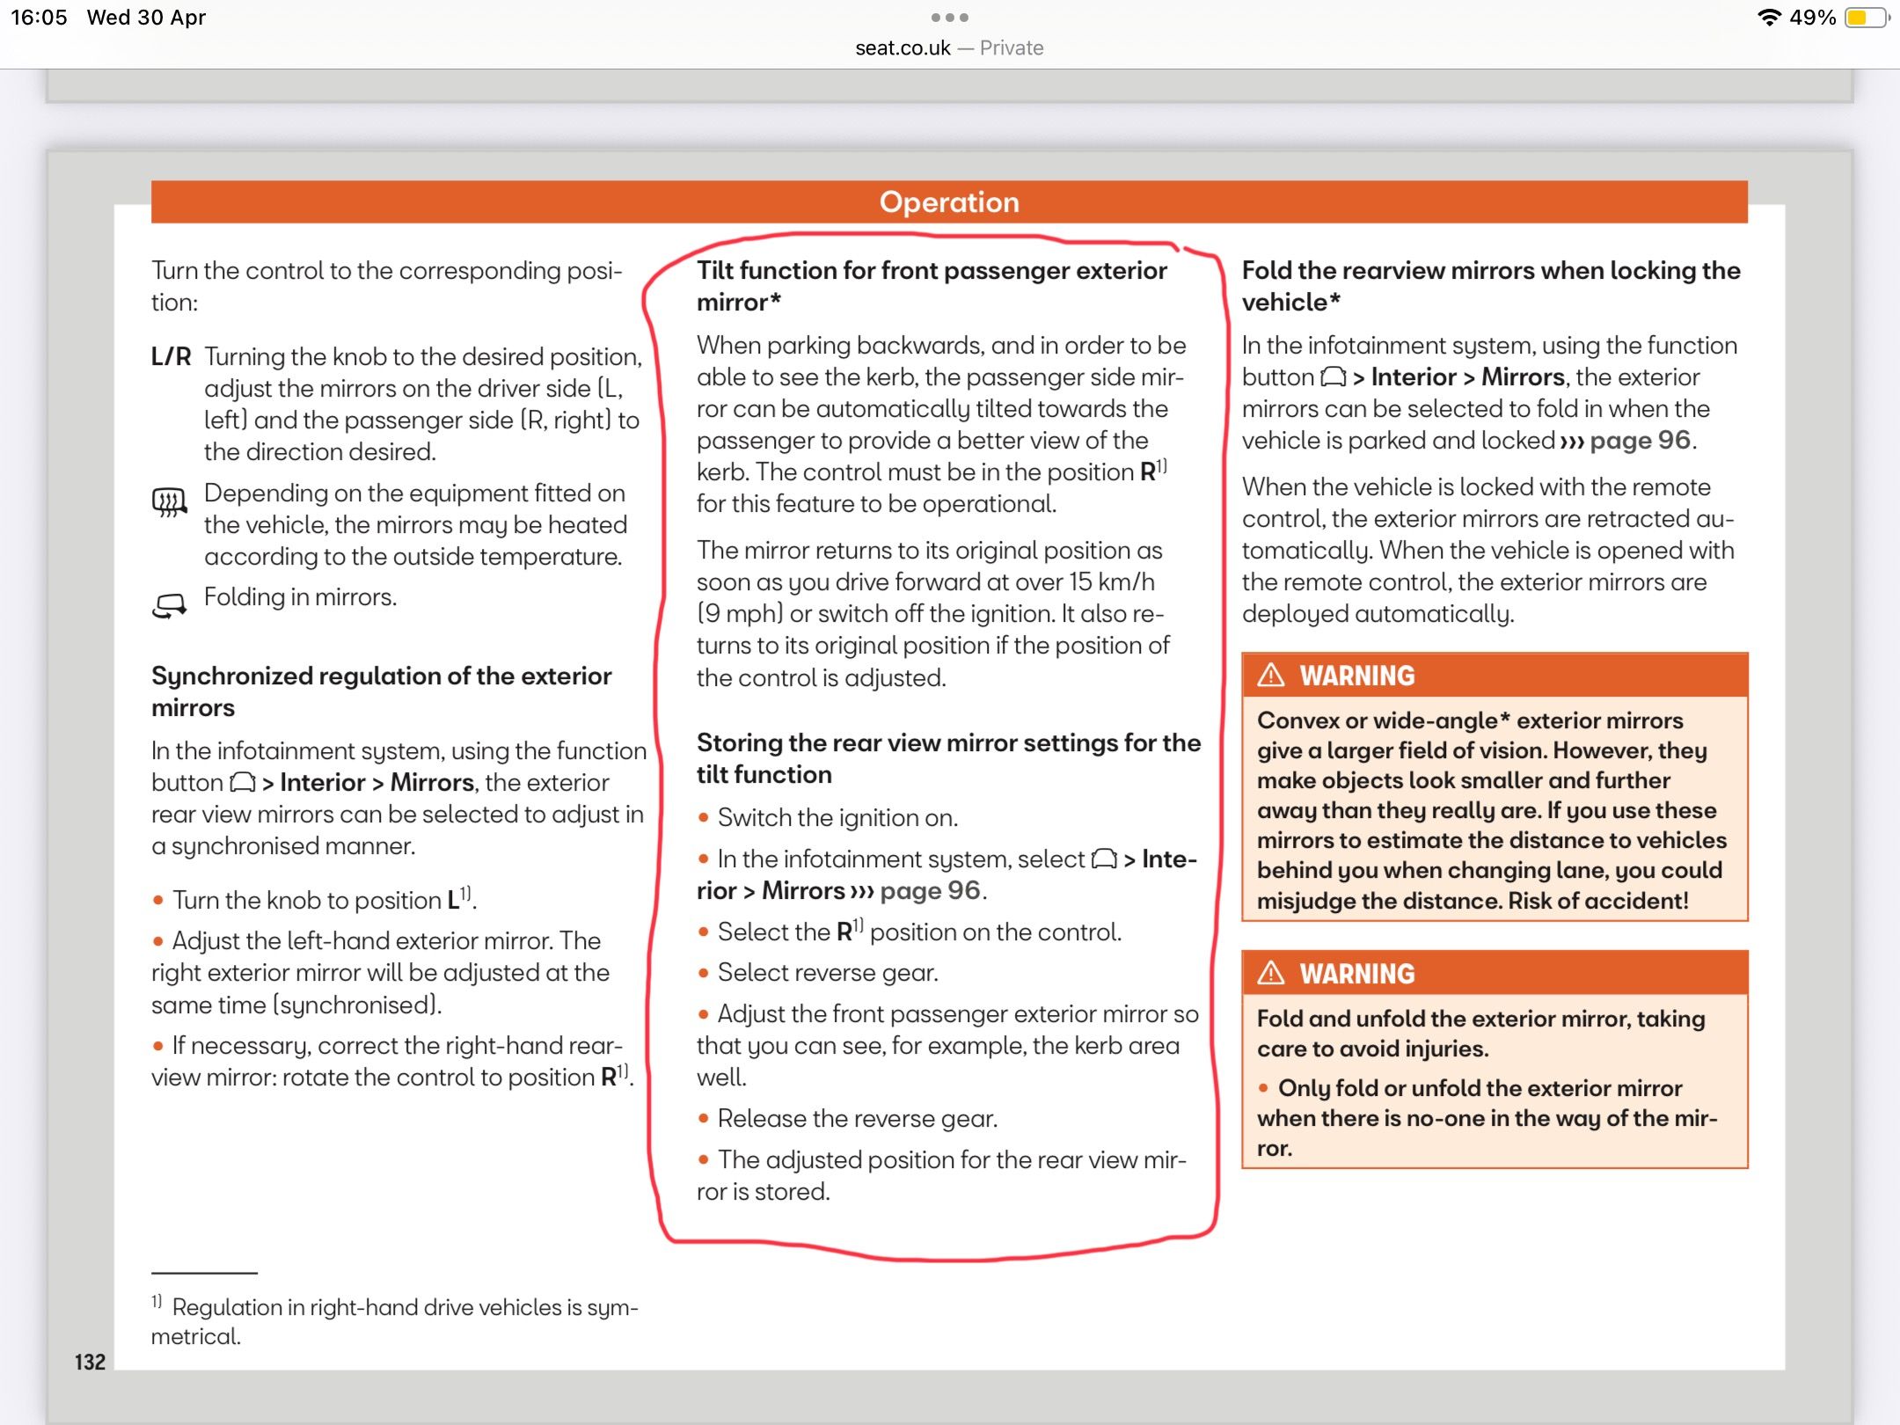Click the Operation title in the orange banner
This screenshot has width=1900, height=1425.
click(949, 202)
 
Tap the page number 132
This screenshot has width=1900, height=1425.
click(90, 1362)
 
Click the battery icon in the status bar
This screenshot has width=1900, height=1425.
click(1865, 18)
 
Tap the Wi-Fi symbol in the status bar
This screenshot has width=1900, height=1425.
click(1768, 18)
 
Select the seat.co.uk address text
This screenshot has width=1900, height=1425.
click(902, 48)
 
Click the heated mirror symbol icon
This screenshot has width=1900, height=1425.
click(170, 502)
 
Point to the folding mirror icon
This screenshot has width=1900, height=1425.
click(170, 605)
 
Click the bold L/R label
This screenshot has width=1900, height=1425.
click(171, 356)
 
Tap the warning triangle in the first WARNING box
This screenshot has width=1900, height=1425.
click(1271, 675)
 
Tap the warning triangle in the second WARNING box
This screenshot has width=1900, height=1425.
click(1271, 973)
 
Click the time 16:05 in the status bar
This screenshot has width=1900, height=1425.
click(39, 18)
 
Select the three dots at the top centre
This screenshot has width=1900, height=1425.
click(949, 18)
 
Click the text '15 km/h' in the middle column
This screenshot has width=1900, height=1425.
click(1112, 582)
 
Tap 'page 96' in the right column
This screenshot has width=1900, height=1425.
click(1640, 440)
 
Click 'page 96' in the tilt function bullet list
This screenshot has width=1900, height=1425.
click(930, 890)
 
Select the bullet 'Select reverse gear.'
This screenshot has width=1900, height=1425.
click(828, 972)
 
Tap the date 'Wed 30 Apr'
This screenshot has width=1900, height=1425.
click(146, 18)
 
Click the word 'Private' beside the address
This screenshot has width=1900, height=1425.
click(1012, 48)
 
